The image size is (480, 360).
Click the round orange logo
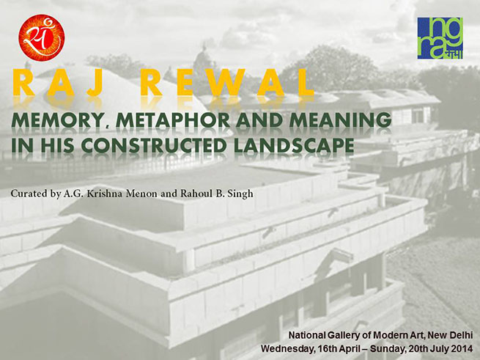point(42,37)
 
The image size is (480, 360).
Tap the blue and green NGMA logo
point(440,38)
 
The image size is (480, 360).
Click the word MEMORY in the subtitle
point(56,120)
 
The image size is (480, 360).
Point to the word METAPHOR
point(173,120)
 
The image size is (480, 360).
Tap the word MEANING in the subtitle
point(340,120)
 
